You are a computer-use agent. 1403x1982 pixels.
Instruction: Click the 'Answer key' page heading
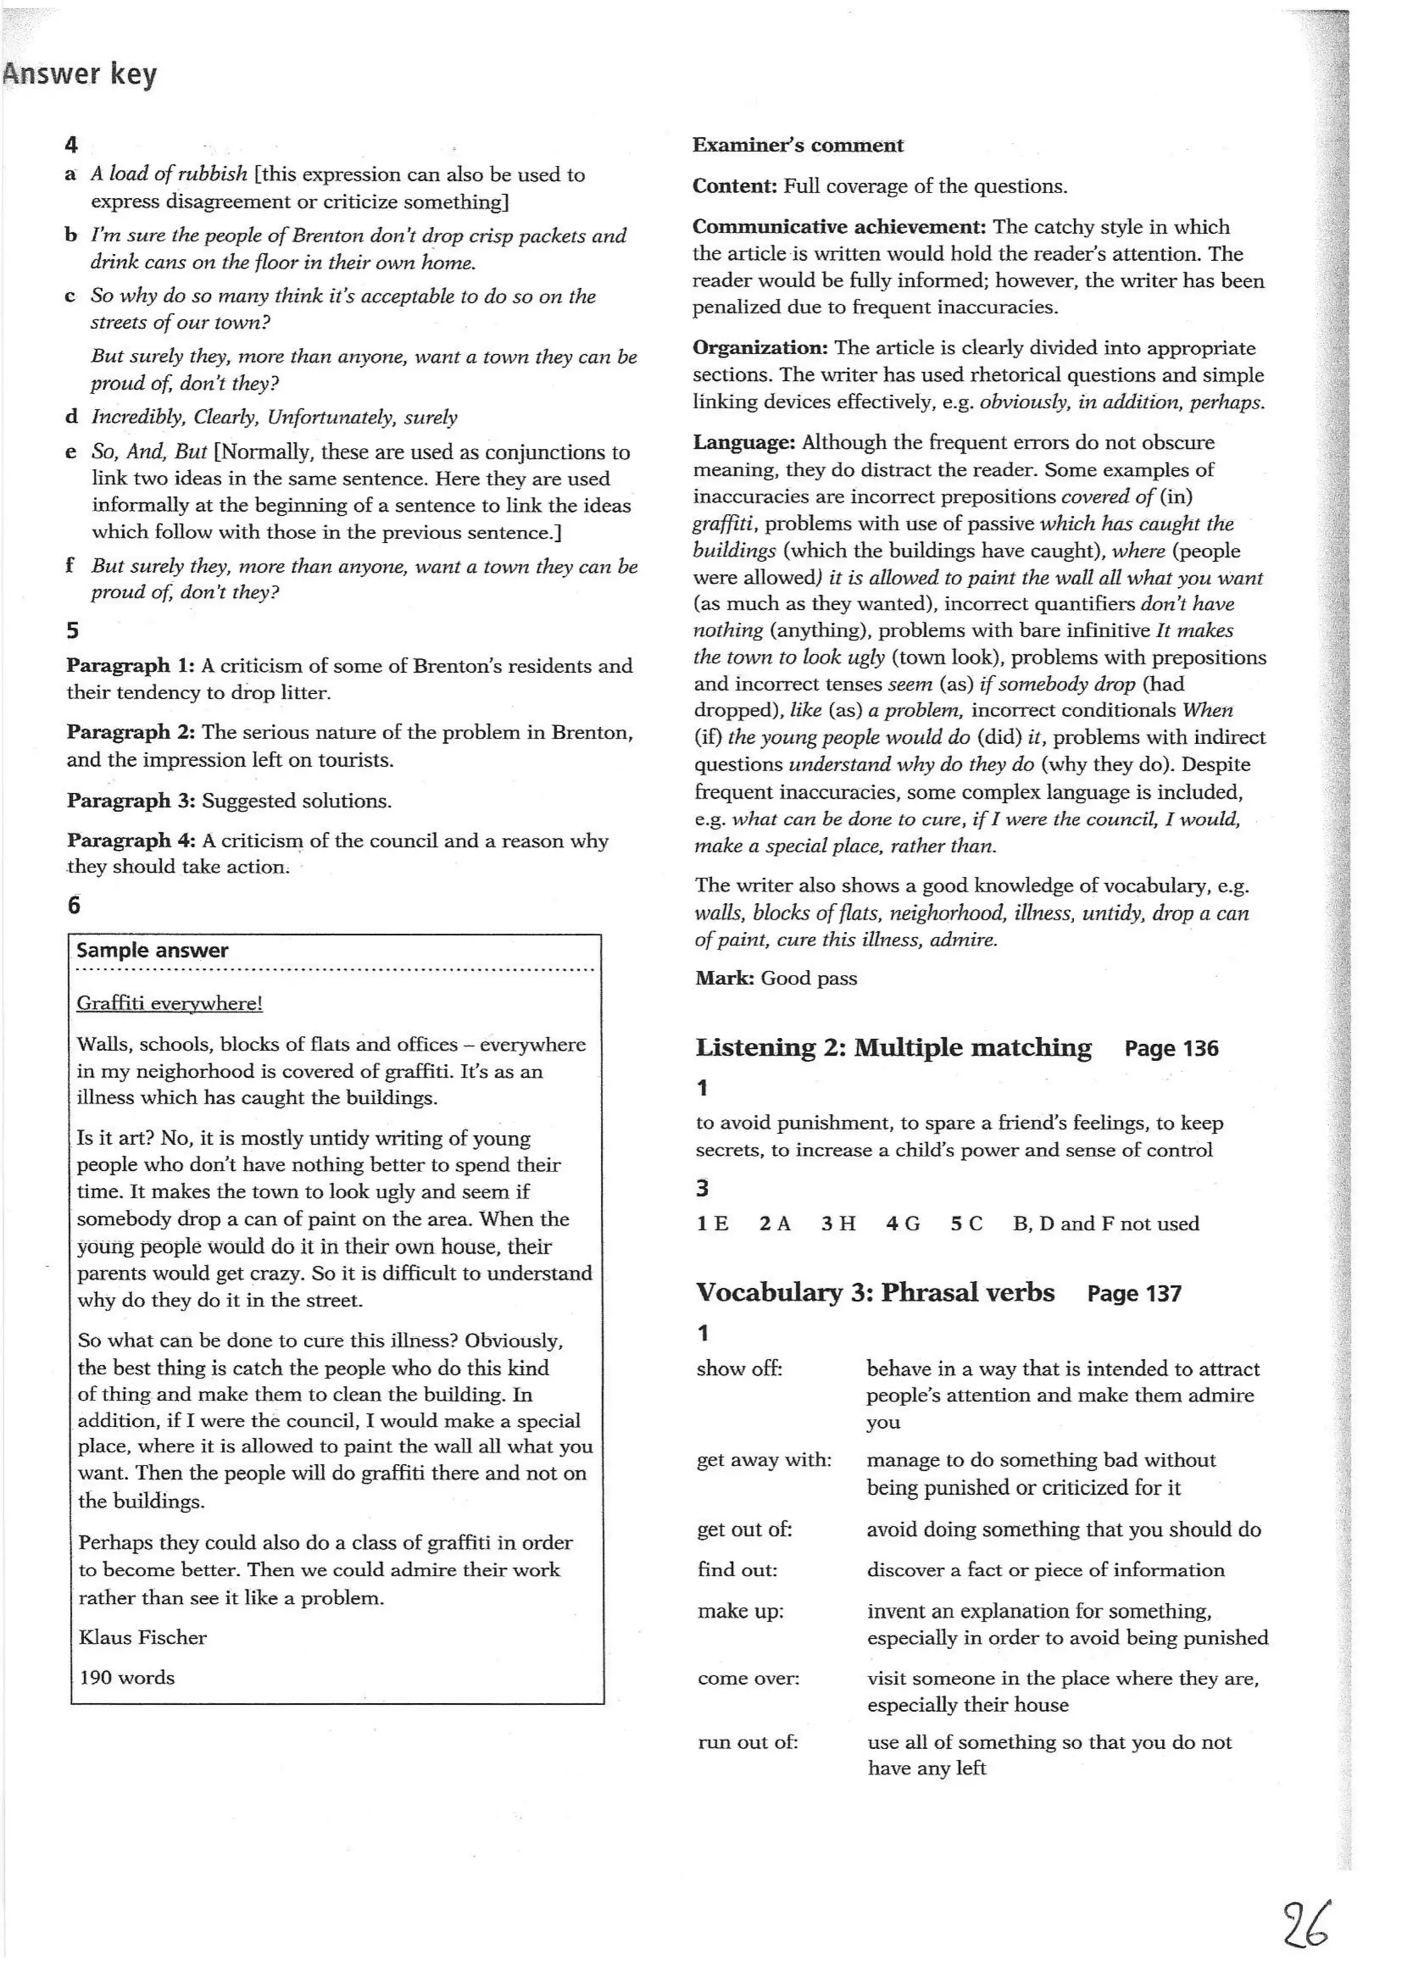(x=79, y=74)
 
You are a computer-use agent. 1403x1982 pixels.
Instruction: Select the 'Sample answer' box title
(x=152, y=950)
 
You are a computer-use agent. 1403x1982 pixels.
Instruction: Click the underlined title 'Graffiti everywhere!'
(x=169, y=1003)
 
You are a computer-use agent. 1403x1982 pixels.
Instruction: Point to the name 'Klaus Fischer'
(x=142, y=1637)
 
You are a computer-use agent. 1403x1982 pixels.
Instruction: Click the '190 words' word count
(x=127, y=1677)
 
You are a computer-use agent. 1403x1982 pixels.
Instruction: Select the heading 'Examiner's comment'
(x=797, y=145)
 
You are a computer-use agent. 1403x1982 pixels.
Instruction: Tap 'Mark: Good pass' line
(x=775, y=978)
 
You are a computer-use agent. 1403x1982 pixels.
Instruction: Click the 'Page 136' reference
(x=1171, y=1049)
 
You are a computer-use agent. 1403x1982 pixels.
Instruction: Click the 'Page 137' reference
(x=1134, y=1293)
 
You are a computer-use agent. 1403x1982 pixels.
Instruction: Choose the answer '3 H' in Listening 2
(x=838, y=1224)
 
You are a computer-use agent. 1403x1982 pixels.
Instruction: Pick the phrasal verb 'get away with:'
(x=764, y=1460)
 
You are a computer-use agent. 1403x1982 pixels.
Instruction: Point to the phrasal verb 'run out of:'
(x=747, y=1742)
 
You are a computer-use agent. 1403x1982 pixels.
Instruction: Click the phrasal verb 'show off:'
(x=739, y=1369)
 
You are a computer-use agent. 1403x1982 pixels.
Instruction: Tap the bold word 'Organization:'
(x=760, y=348)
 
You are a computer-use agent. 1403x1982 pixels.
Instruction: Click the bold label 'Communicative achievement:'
(x=839, y=227)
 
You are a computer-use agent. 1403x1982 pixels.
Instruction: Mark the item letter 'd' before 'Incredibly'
(x=72, y=417)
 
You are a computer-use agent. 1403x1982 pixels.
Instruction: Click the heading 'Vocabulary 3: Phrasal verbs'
(x=875, y=1293)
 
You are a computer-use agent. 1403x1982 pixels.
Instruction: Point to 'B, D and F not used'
(x=1106, y=1224)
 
